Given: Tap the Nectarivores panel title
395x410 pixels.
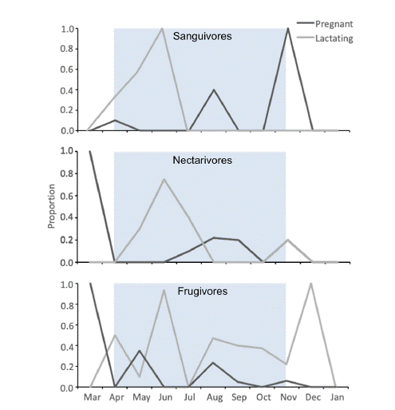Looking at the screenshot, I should pos(202,160).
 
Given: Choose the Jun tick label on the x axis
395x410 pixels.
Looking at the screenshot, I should pos(164,396).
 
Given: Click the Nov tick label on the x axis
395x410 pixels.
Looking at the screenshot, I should pos(286,396).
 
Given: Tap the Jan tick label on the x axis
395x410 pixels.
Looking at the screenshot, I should pos(336,396).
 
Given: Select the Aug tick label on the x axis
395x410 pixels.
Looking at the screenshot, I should pos(213,396).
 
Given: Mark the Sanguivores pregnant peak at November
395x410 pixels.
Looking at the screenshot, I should pos(286,29).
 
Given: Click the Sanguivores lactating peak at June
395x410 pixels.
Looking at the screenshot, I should pos(163,29).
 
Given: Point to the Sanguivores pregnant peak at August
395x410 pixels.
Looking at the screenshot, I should pos(213,90).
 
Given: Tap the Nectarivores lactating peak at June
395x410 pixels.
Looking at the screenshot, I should pos(164,179).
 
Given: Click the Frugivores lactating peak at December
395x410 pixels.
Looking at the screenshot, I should pos(310,284).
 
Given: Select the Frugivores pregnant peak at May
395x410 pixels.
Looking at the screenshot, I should pos(139,350).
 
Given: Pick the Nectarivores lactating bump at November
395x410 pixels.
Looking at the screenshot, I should pos(286,241).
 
